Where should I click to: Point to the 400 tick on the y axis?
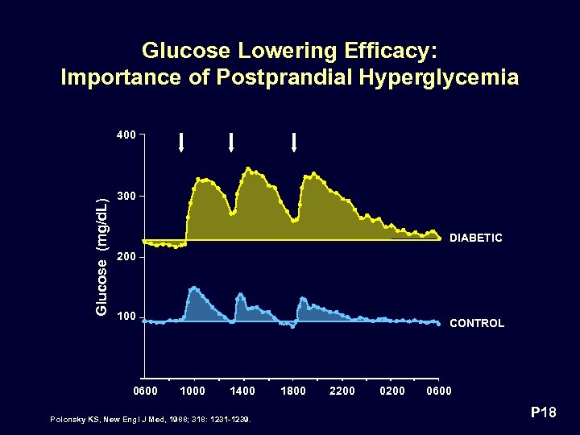[x=126, y=135]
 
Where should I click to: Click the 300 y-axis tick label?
[x=126, y=196]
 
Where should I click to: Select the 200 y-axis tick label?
[x=126, y=257]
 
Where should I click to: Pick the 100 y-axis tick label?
[x=126, y=317]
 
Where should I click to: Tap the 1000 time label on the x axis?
[x=192, y=391]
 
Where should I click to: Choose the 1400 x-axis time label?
[x=242, y=391]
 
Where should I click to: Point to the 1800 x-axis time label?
[x=292, y=391]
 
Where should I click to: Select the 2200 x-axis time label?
[x=342, y=391]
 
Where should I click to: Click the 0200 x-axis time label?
[x=392, y=391]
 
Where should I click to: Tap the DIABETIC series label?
[x=475, y=238]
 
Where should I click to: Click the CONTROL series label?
[x=476, y=323]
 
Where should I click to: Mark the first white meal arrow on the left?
[x=182, y=143]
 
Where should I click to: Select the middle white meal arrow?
[x=231, y=143]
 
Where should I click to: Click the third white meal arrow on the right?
[x=294, y=143]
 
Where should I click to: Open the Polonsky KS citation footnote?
[x=150, y=420]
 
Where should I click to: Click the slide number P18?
[x=544, y=414]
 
